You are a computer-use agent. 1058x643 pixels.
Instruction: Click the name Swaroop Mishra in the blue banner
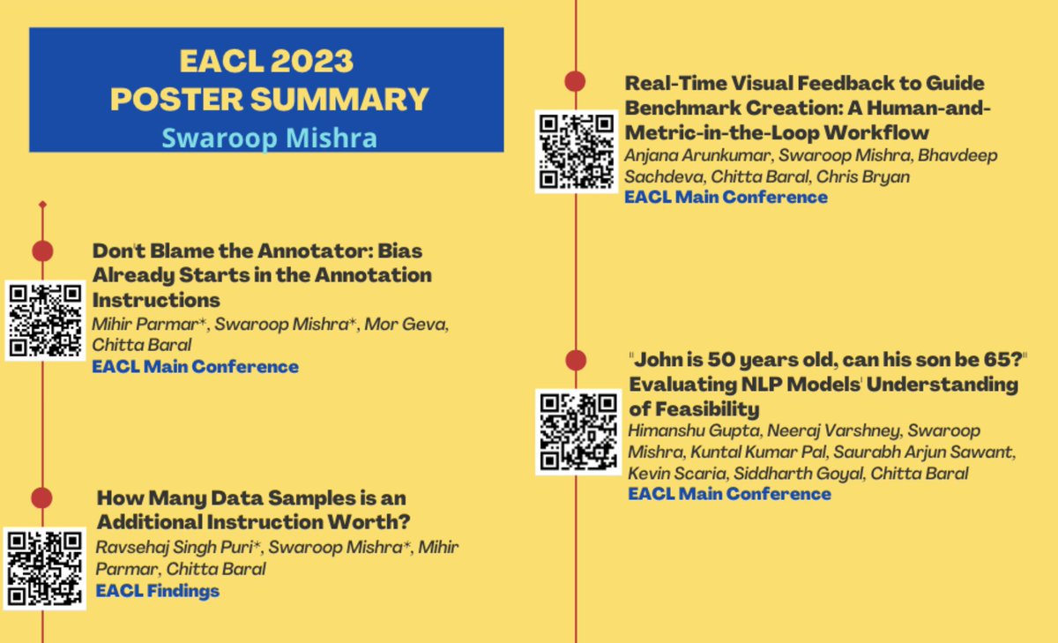click(269, 138)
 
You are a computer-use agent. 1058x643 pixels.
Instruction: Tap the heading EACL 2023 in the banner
click(266, 61)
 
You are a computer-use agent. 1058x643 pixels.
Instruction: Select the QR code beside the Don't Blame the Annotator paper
click(44, 320)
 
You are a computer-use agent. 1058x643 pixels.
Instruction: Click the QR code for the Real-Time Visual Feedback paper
click(576, 151)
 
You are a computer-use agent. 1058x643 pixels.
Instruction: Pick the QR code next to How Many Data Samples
click(45, 568)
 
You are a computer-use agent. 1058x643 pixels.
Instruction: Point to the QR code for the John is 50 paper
click(577, 430)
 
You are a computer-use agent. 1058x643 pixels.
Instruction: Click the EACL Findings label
click(158, 591)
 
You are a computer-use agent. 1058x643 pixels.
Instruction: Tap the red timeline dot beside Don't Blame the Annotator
click(43, 250)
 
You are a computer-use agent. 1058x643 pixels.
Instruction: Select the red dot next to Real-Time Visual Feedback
click(575, 82)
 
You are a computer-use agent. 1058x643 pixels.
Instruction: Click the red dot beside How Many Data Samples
click(43, 497)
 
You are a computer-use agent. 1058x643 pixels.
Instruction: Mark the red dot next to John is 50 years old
click(575, 360)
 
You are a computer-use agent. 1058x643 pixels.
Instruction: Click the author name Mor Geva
click(414, 325)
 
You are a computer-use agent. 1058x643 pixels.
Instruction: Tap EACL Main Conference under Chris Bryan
click(726, 197)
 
